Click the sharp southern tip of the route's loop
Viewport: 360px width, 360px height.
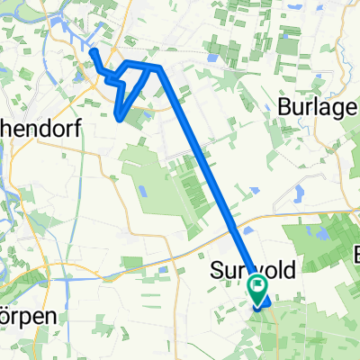pos(119,116)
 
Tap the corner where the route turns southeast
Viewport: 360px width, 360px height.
pos(159,67)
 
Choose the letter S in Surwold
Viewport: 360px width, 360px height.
pos(216,270)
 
